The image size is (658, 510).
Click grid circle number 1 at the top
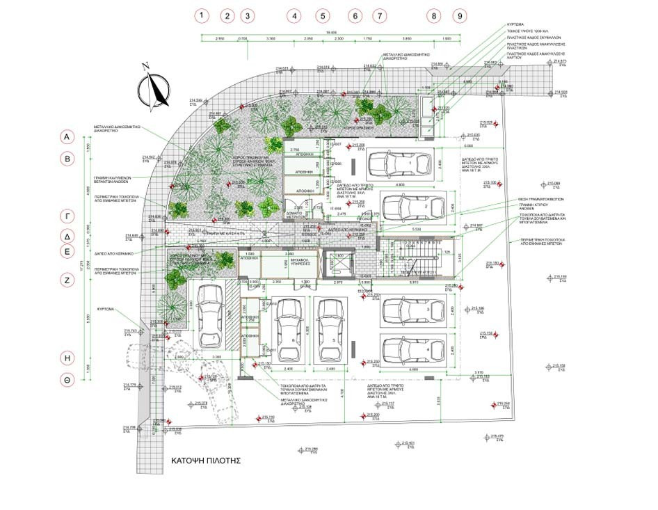(202, 15)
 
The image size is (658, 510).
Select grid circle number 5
(322, 15)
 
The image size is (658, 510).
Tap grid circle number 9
(459, 15)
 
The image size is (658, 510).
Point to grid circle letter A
(68, 138)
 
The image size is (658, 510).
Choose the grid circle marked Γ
(68, 215)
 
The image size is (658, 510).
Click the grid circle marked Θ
(68, 381)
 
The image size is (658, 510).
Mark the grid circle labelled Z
(68, 280)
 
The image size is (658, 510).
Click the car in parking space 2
(413, 207)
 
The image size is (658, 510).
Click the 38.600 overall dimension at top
(332, 33)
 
